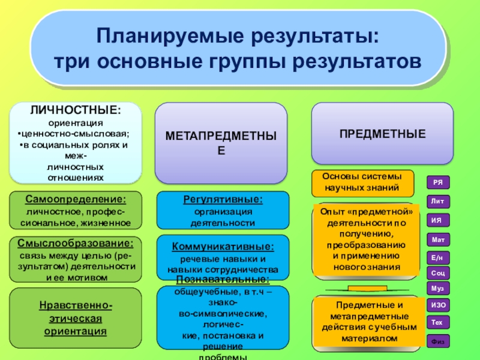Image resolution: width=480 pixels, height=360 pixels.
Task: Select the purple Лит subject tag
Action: click(x=438, y=202)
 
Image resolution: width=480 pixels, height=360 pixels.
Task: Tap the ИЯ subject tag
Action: click(x=438, y=220)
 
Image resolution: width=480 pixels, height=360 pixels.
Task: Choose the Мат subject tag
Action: click(x=438, y=239)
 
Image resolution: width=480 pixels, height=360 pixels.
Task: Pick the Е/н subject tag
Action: click(x=438, y=257)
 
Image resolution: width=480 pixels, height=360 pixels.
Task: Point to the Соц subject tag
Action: click(x=438, y=273)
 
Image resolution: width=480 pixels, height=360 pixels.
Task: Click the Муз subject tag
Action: click(x=438, y=289)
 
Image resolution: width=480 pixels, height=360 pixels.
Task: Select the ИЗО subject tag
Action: click(x=438, y=305)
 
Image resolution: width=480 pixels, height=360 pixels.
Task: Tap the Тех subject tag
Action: click(x=438, y=322)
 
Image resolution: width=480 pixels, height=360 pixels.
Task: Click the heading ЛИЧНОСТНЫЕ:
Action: click(x=76, y=110)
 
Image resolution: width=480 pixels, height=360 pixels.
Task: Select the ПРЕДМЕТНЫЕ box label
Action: click(x=382, y=133)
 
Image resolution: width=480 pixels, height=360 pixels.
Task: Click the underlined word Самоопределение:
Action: click(x=76, y=199)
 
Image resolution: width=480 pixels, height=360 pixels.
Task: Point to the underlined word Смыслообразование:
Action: click(x=76, y=243)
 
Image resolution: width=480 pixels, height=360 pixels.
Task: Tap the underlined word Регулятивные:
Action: click(x=223, y=199)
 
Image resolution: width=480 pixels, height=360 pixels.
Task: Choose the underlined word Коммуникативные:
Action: click(x=223, y=247)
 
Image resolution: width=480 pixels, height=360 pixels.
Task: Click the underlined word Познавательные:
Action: click(x=223, y=280)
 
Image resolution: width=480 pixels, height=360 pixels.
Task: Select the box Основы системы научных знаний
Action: click(x=364, y=183)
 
